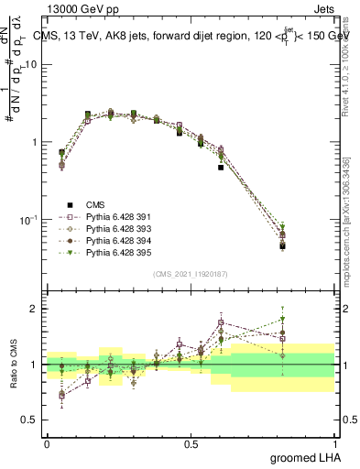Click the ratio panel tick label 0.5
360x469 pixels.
[32, 420]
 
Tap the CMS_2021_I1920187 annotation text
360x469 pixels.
[190, 274]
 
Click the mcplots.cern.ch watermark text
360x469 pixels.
[352, 229]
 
